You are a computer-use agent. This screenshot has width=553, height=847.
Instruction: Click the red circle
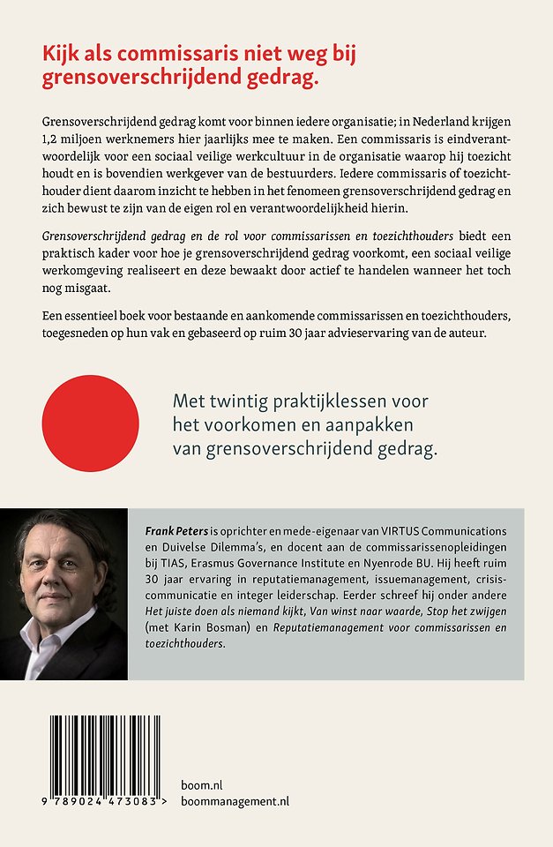click(91, 423)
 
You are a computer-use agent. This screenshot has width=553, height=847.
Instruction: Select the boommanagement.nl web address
click(233, 801)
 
